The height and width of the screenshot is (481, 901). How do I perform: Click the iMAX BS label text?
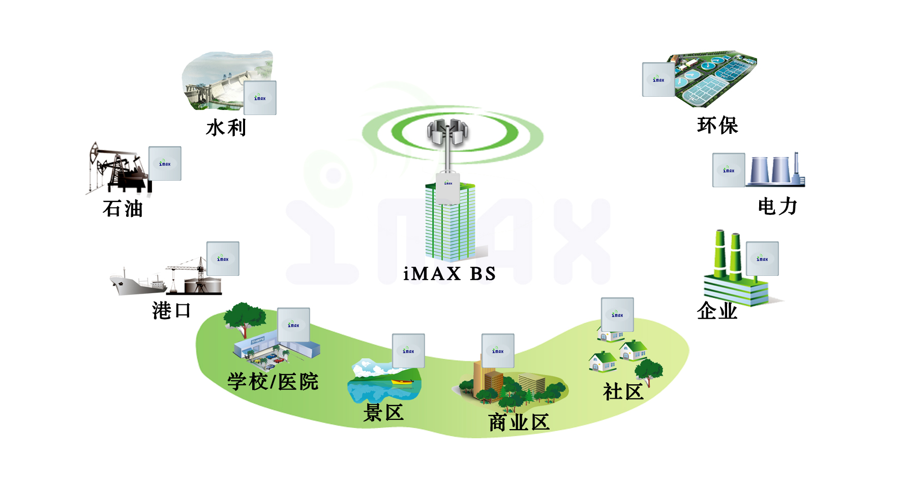[x=449, y=274]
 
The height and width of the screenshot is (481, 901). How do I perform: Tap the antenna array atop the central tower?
[x=447, y=132]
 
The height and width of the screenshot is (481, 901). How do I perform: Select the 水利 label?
[x=226, y=128]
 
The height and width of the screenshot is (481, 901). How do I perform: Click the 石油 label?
[x=123, y=209]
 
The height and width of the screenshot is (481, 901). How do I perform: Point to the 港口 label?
[x=172, y=310]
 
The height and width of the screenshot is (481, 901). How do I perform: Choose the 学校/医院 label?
[x=273, y=382]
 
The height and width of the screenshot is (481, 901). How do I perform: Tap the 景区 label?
[x=384, y=412]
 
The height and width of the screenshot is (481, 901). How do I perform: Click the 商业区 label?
[x=519, y=422]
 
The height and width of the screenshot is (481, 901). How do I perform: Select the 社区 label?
[x=623, y=392]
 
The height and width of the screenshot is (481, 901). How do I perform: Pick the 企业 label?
[x=717, y=310]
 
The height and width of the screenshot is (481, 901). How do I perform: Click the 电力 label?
[x=777, y=207]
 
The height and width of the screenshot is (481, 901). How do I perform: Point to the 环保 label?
[x=717, y=125]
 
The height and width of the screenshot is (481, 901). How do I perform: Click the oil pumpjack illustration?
[x=117, y=168]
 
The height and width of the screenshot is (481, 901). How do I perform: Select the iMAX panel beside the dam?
[x=260, y=98]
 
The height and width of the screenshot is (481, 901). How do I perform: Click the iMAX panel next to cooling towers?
[x=729, y=170]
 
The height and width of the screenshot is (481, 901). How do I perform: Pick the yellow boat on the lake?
[x=402, y=382]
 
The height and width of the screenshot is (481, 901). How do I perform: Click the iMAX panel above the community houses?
[x=617, y=315]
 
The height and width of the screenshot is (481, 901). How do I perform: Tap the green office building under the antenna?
[x=450, y=224]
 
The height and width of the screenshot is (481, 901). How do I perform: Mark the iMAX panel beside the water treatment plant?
[x=658, y=79]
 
